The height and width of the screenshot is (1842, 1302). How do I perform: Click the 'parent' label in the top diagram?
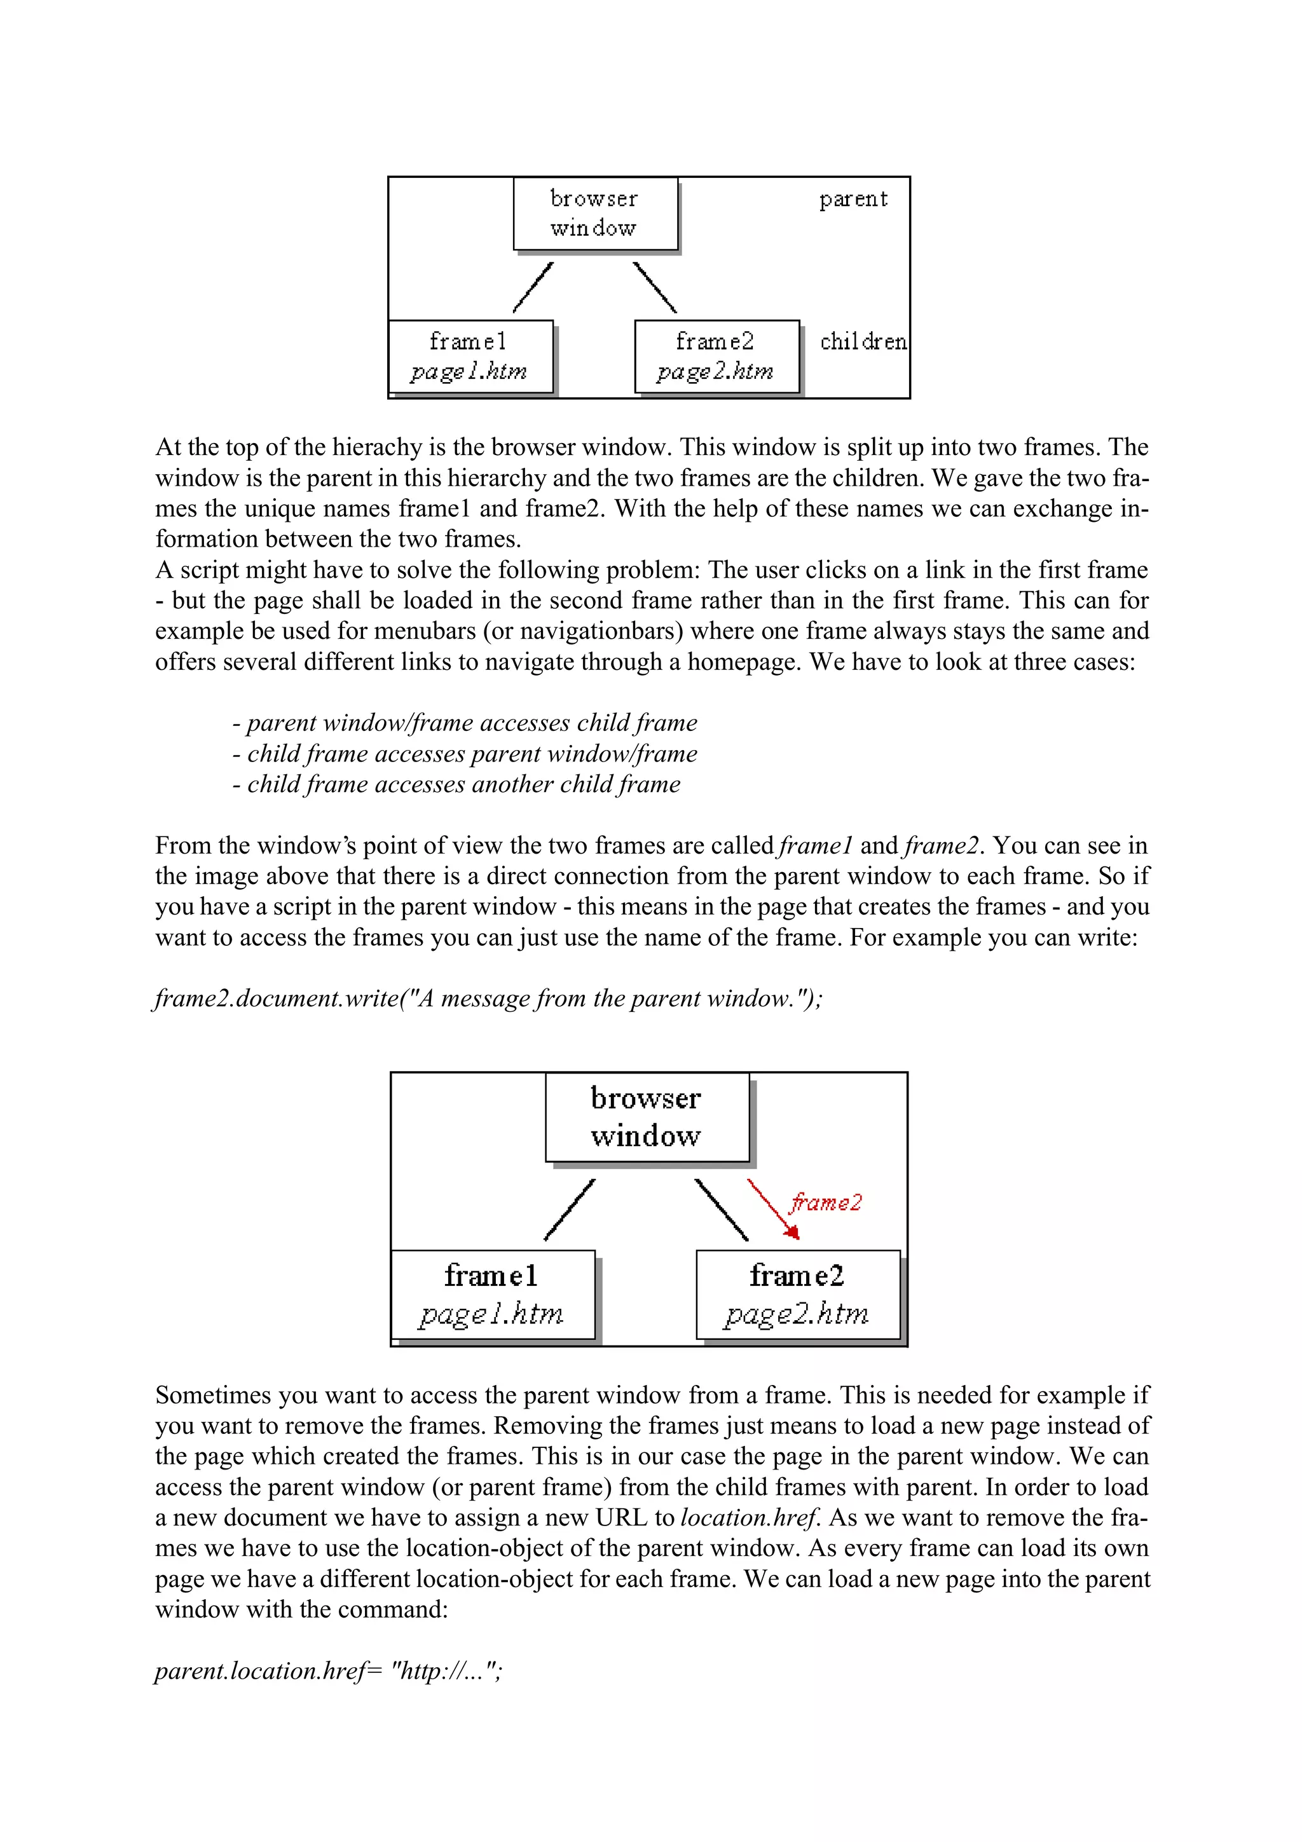tap(853, 199)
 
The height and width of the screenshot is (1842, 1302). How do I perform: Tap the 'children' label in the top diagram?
tap(863, 342)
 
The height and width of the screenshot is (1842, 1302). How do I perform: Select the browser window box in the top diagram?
tap(594, 214)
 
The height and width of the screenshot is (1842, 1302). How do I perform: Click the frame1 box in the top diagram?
tap(470, 356)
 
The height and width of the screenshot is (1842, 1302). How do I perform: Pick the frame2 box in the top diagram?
tap(716, 356)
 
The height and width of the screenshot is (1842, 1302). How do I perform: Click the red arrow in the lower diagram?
tap(772, 1208)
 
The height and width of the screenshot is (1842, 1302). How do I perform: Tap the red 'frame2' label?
tap(825, 1203)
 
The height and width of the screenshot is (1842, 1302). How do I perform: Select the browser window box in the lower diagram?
tap(646, 1117)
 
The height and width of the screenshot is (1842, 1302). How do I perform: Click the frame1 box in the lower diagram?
tap(492, 1294)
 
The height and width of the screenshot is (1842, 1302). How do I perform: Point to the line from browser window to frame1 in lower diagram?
tap(570, 1209)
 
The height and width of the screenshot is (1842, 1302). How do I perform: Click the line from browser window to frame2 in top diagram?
tap(655, 287)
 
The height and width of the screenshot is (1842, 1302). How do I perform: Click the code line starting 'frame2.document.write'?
tap(488, 998)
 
